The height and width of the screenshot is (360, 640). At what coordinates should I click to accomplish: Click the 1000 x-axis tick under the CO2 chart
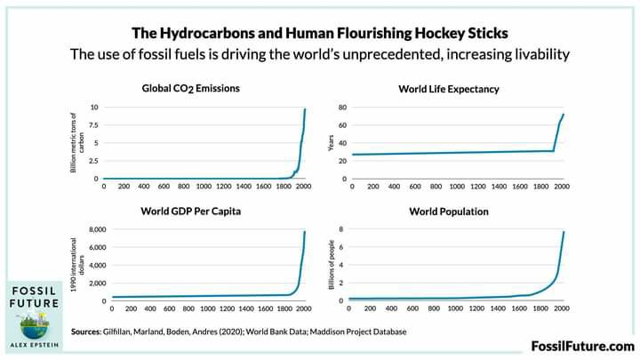tap(204, 188)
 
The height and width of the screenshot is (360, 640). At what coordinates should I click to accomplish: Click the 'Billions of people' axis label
tap(331, 265)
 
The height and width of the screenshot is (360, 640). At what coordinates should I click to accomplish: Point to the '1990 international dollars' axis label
tap(79, 265)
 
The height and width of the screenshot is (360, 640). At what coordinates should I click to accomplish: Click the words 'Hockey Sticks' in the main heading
tap(466, 33)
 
